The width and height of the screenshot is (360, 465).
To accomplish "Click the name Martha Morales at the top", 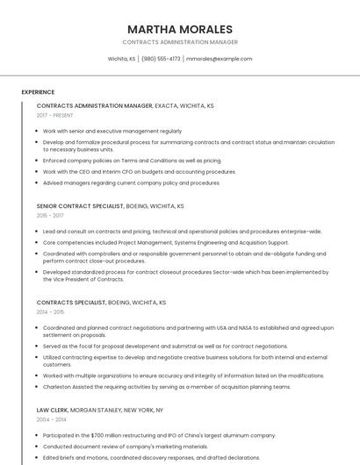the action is click(180, 29).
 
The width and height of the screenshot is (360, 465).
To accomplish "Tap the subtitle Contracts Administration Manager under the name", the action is click(180, 42).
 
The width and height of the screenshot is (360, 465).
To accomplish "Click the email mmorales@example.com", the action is click(220, 59).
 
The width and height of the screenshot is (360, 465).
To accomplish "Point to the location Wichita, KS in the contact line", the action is click(121, 59).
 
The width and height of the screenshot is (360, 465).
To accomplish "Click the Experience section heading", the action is click(38, 92).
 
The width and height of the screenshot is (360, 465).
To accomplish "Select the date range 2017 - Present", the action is click(54, 115).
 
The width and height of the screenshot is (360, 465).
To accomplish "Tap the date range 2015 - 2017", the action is click(50, 215).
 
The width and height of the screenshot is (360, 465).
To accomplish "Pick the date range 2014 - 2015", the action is click(50, 311).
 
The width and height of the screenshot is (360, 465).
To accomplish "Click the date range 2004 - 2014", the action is click(50, 419).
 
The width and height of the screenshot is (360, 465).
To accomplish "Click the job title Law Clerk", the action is click(52, 410).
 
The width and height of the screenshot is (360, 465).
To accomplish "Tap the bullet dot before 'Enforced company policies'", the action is click(38, 161).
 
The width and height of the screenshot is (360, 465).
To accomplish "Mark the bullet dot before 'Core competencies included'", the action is click(38, 242).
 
